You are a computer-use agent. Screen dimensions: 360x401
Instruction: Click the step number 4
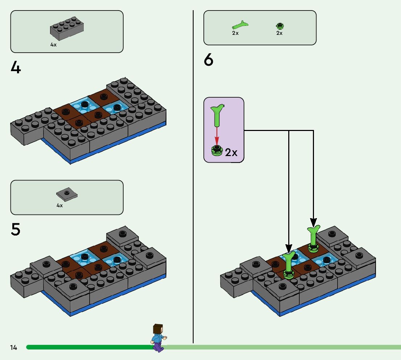(16, 67)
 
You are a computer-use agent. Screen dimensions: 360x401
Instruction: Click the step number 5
(16, 229)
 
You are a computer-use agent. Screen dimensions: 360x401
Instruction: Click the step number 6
(208, 60)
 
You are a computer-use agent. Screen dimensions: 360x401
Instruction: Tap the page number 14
(14, 348)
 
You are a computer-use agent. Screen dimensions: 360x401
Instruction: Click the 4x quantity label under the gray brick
(53, 45)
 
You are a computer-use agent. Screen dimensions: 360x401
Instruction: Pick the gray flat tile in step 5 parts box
(67, 195)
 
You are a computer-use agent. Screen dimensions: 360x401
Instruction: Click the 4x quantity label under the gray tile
(59, 205)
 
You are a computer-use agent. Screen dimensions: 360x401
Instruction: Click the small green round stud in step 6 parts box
(280, 26)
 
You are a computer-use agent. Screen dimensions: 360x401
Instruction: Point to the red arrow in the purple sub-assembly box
(217, 136)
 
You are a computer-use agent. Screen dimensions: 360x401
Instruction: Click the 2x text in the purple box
(231, 152)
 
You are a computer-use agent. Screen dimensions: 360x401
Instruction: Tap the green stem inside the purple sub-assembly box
(217, 115)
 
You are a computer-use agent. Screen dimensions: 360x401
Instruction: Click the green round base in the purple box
(217, 150)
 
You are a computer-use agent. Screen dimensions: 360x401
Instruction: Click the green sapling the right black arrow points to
(313, 238)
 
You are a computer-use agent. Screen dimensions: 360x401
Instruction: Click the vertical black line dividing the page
(193, 181)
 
